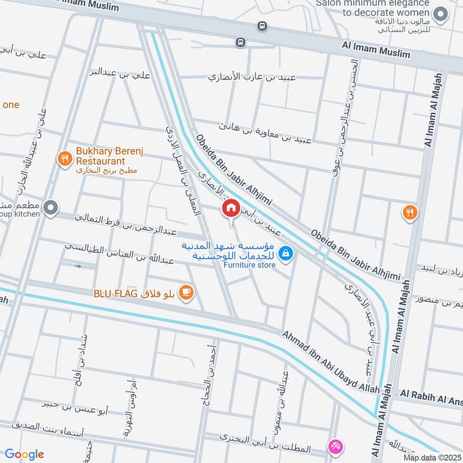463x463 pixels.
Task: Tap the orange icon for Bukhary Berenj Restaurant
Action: [x=65, y=157]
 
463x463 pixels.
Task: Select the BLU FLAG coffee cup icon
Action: [x=186, y=292]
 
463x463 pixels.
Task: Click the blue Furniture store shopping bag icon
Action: [x=285, y=253]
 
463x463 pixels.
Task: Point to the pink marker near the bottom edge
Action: [x=335, y=446]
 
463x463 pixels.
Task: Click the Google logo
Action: [x=24, y=454]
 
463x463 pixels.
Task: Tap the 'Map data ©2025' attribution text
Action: [x=432, y=457]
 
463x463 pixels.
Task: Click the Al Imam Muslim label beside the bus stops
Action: [x=376, y=49]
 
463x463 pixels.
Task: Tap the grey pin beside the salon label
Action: [x=442, y=14]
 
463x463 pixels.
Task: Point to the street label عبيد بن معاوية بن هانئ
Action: [x=265, y=133]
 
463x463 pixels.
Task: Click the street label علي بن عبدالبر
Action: [x=120, y=73]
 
